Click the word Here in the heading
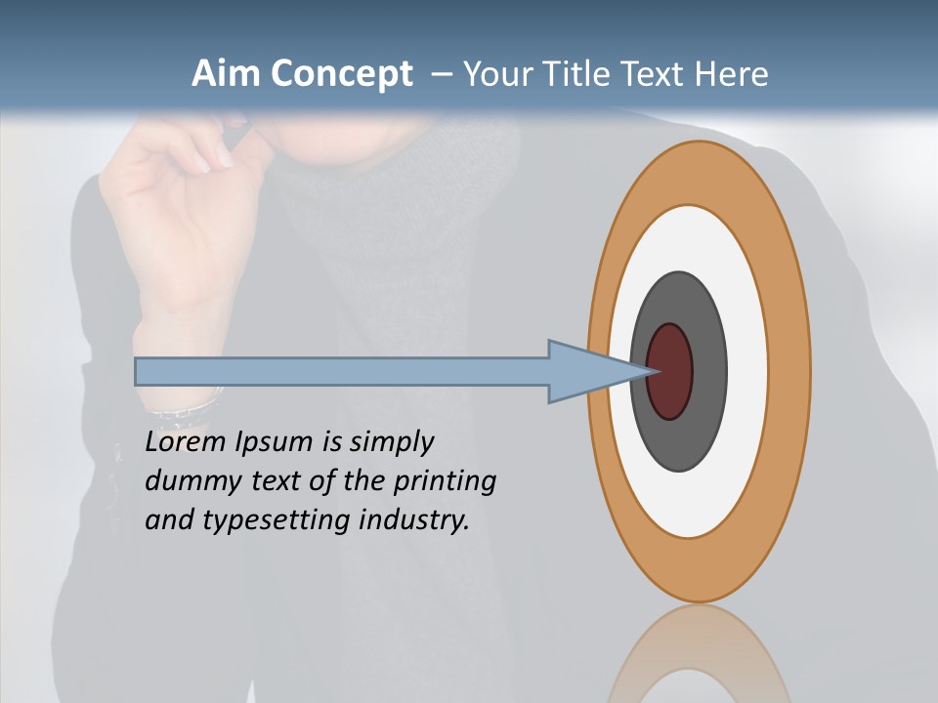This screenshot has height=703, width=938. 731,74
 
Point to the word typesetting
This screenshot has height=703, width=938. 276,520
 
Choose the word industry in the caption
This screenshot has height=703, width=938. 414,519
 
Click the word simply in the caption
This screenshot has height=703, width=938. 391,443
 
